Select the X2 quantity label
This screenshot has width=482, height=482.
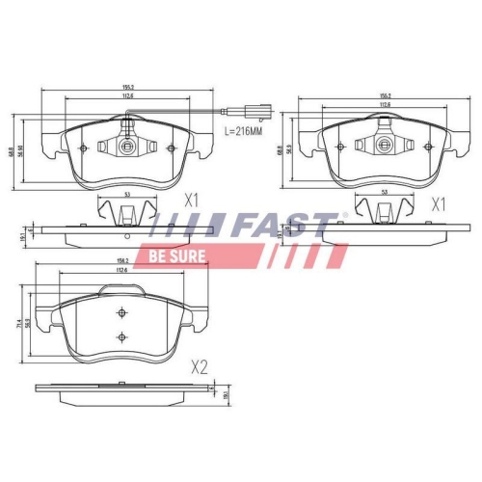[x=200, y=366]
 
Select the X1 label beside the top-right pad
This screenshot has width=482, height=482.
[x=439, y=203]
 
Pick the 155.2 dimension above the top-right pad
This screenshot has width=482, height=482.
[x=386, y=96]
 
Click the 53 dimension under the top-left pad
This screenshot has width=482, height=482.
[x=127, y=195]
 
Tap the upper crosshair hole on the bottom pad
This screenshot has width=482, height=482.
[x=121, y=313]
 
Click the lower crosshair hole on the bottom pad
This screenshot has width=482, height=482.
[x=121, y=335]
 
